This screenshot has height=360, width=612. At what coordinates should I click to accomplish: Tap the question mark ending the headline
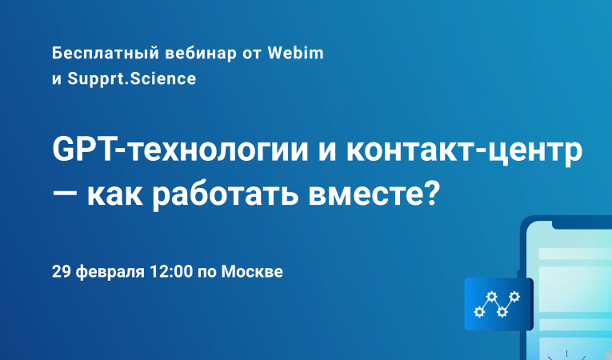[432, 194]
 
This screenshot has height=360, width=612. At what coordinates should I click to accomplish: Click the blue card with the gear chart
[498, 304]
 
